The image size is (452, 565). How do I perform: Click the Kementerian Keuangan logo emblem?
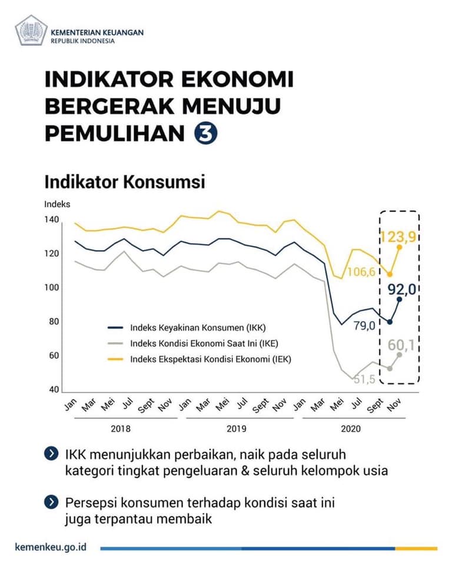pyautogui.click(x=31, y=30)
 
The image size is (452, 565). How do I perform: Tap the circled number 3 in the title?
pyautogui.click(x=206, y=134)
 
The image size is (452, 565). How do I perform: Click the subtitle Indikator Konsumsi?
pyautogui.click(x=125, y=182)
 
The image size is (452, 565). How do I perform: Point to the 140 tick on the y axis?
pyautogui.click(x=52, y=219)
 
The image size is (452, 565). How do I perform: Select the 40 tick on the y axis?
pyautogui.click(x=54, y=389)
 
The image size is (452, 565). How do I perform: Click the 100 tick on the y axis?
pyautogui.click(x=52, y=287)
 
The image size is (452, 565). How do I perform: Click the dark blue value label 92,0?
pyautogui.click(x=402, y=288)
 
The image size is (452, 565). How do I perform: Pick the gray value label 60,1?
pyautogui.click(x=401, y=345)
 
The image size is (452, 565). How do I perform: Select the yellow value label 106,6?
pyautogui.click(x=361, y=272)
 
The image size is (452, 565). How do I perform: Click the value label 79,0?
pyautogui.click(x=364, y=325)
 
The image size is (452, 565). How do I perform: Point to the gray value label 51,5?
pyautogui.click(x=364, y=379)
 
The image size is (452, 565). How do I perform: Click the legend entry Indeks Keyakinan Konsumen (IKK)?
pyautogui.click(x=187, y=328)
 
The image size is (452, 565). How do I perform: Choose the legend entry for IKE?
pyautogui.click(x=193, y=343)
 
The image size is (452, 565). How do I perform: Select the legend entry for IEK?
pyautogui.click(x=200, y=359)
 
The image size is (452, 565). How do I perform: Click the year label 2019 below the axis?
pyautogui.click(x=237, y=428)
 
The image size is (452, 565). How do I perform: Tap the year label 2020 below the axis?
pyautogui.click(x=351, y=428)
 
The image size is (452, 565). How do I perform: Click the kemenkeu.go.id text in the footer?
pyautogui.click(x=51, y=547)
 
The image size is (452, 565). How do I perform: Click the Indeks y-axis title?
pyautogui.click(x=57, y=204)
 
